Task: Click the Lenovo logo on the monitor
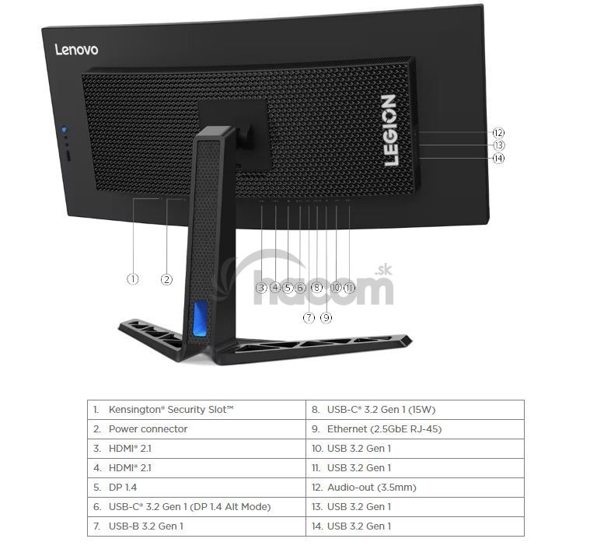(76, 49)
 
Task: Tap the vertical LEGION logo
(389, 130)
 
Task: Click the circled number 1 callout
(132, 278)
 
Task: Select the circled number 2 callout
(166, 279)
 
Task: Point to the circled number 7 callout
(309, 318)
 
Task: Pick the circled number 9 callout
(326, 318)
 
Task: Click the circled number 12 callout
(498, 132)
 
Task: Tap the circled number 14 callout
(498, 158)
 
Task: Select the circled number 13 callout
(498, 145)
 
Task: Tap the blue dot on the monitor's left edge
(64, 129)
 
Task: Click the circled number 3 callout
(261, 288)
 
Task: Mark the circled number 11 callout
(349, 288)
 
